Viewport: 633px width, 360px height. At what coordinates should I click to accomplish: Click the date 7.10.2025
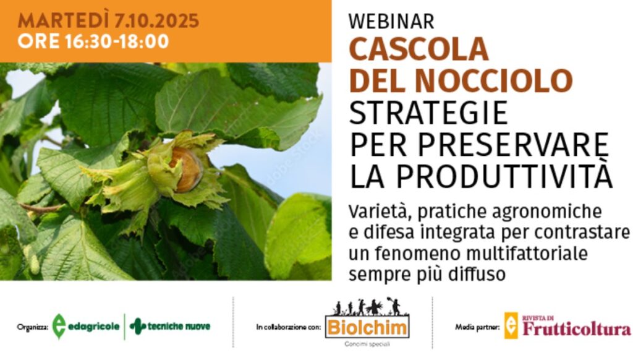coord(156,20)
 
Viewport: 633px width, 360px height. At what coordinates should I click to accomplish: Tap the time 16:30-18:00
coord(116,41)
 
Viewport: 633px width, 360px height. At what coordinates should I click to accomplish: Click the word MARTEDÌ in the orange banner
coord(64,20)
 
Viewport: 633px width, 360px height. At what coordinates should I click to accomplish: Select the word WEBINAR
coord(391,22)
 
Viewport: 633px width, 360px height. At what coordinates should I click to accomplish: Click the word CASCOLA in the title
coord(418,49)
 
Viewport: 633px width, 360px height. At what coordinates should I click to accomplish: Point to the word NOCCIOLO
coord(494,80)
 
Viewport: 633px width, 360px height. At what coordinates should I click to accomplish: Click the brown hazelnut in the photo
coord(186,169)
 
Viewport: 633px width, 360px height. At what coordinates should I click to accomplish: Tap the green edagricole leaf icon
coord(59,326)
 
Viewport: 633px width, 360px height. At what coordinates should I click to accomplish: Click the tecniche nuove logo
coord(170,326)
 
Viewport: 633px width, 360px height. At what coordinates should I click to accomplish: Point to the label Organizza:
coord(32,327)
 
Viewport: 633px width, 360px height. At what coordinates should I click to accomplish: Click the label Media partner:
coord(477,327)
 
